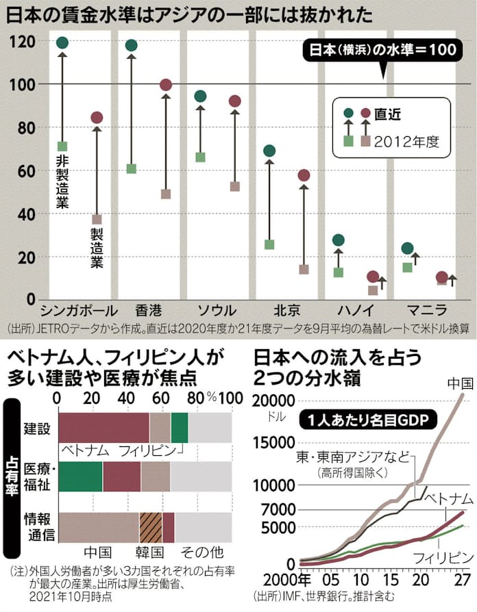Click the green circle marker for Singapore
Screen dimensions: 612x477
click(62, 42)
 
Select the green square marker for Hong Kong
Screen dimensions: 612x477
click(132, 168)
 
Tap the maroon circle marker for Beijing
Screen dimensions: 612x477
click(304, 176)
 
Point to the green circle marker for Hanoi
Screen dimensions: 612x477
click(338, 240)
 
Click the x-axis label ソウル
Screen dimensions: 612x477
click(217, 309)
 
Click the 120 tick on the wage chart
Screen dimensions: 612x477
click(22, 42)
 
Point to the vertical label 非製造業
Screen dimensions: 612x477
click(62, 181)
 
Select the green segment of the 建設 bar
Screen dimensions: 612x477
click(180, 428)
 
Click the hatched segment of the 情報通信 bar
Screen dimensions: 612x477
click(151, 527)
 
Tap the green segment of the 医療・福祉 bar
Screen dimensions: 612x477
click(81, 476)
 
